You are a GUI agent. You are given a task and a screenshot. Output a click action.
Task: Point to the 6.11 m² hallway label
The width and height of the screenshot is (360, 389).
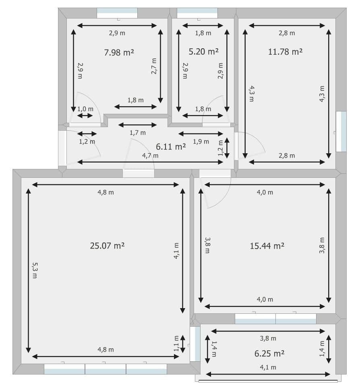171,146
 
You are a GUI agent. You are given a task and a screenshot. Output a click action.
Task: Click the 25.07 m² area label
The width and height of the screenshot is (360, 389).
107,245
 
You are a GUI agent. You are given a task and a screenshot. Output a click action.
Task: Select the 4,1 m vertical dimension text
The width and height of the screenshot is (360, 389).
176,251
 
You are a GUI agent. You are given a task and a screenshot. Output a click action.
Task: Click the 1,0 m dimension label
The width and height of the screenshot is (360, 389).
85,109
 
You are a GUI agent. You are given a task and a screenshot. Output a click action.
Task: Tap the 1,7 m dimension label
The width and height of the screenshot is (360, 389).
138,132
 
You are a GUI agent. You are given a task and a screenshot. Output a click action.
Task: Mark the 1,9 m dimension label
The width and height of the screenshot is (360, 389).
201,141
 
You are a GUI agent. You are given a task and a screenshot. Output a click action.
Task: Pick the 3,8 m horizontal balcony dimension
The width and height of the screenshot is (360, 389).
268,338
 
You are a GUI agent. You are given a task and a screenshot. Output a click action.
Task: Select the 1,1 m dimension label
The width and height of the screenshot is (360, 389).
176,344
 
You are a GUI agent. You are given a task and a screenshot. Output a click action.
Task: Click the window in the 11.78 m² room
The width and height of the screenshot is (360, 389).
341,132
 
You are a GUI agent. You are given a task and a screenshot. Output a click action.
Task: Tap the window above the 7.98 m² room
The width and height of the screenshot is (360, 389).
117,13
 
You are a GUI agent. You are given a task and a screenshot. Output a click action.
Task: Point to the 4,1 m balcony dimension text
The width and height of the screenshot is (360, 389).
268,367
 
